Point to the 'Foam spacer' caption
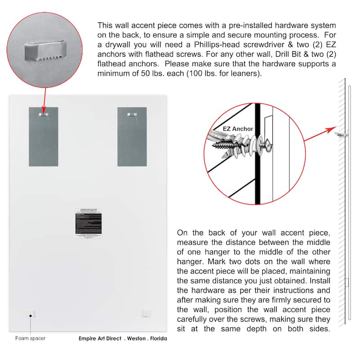point(31,338)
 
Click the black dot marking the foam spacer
point(31,316)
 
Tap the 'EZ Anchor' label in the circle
point(238,129)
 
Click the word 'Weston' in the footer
point(137,338)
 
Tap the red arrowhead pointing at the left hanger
point(43,110)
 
